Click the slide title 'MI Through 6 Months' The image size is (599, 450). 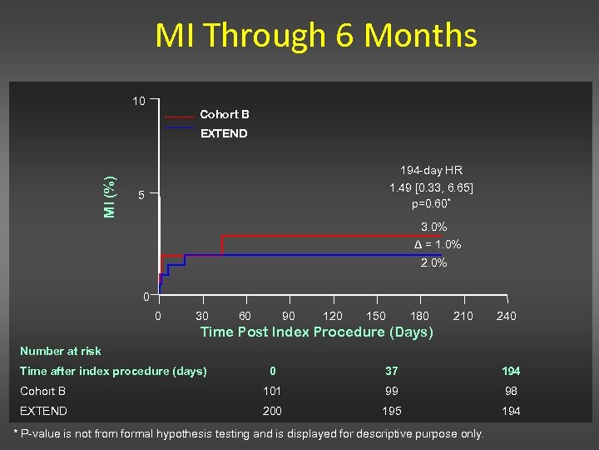pyautogui.click(x=316, y=36)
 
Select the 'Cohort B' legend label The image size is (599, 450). pyautogui.click(x=224, y=114)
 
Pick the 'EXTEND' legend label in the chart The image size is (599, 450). pyautogui.click(x=224, y=133)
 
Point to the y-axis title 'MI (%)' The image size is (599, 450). pyautogui.click(x=110, y=197)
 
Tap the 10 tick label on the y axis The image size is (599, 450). pyautogui.click(x=139, y=102)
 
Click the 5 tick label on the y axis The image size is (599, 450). pyautogui.click(x=141, y=196)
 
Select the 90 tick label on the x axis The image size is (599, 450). pyautogui.click(x=289, y=316)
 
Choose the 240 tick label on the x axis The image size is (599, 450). pyautogui.click(x=506, y=316)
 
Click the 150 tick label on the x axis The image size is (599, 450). pyautogui.click(x=376, y=316)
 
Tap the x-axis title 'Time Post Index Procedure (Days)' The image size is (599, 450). pyautogui.click(x=317, y=332)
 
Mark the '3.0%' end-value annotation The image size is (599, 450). pyautogui.click(x=433, y=227)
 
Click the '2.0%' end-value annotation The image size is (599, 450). pyautogui.click(x=433, y=263)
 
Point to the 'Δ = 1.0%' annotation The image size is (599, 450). pyautogui.click(x=438, y=245)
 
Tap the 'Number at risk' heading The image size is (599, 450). pyautogui.click(x=61, y=351)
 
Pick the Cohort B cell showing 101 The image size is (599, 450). pyautogui.click(x=272, y=391)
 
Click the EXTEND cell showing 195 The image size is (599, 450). pyautogui.click(x=391, y=411)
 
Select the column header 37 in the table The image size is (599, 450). pyautogui.click(x=391, y=371)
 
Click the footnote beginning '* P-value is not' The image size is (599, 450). pyautogui.click(x=250, y=434)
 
